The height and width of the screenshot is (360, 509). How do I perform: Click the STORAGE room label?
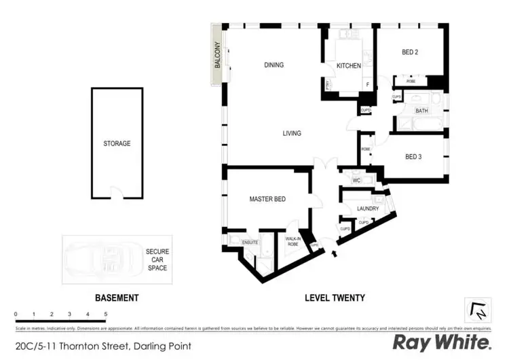117,143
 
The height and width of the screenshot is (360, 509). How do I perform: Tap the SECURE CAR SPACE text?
157,259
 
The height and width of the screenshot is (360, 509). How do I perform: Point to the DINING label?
274,65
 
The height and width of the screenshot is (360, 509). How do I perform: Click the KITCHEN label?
348,66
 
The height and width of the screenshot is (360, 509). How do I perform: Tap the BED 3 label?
413,157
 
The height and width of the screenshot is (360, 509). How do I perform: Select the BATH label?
421,111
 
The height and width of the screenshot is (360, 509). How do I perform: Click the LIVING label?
292,133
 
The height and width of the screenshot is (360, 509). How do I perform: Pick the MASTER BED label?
267,199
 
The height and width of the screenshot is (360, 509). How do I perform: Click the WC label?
356,181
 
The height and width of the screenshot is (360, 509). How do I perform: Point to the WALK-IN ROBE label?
293,240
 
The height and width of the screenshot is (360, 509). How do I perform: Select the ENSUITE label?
240,241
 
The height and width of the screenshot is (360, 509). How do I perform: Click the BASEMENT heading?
116,298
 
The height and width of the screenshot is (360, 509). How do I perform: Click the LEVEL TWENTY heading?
335,298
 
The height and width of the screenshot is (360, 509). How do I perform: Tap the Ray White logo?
442,342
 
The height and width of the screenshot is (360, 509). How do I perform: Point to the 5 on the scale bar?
105,314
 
